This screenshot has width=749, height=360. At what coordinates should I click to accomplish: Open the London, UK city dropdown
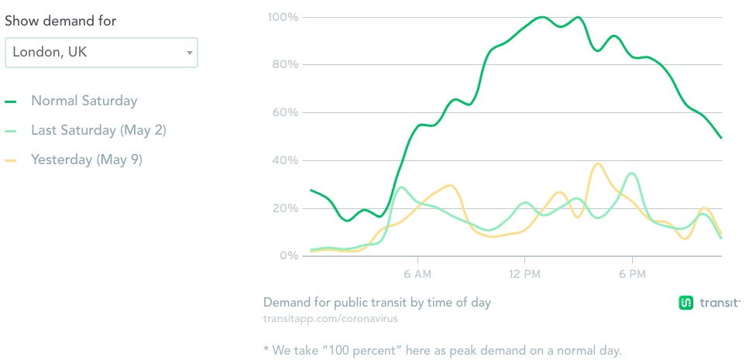click(x=101, y=53)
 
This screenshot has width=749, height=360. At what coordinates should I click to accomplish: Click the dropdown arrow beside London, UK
click(x=189, y=53)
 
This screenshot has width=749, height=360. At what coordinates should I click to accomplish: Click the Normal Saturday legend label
click(x=84, y=101)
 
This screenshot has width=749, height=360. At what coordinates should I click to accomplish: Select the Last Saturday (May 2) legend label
click(x=98, y=130)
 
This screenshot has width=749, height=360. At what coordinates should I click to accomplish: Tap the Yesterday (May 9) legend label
click(x=87, y=159)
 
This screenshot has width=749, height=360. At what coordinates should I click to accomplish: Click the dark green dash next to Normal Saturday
click(x=11, y=101)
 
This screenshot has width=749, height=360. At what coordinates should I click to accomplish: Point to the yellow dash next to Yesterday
click(x=11, y=160)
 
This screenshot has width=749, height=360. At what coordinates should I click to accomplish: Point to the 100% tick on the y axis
click(x=283, y=16)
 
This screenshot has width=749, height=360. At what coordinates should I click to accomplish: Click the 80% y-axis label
click(x=284, y=64)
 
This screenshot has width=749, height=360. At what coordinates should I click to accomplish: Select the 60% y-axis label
click(x=284, y=112)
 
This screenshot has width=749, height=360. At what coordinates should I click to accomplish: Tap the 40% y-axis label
click(x=284, y=160)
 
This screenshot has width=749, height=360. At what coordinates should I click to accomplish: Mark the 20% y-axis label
click(x=284, y=208)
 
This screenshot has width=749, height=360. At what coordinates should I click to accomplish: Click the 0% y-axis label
click(x=287, y=255)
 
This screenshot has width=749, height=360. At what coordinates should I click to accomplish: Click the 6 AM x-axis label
click(x=417, y=273)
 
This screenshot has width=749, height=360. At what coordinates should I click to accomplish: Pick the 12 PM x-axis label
click(x=524, y=273)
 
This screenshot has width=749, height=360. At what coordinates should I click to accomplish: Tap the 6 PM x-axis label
click(x=632, y=273)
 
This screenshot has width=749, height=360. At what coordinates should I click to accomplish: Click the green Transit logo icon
click(x=685, y=303)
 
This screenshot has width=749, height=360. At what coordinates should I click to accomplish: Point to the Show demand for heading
click(x=60, y=21)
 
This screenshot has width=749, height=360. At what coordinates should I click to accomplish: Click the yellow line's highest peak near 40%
click(x=596, y=163)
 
